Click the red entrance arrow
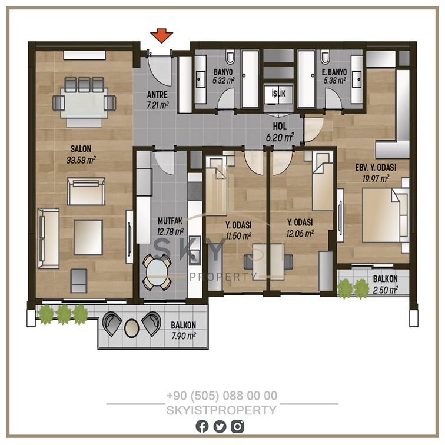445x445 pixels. tap(161, 35)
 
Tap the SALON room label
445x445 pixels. tap(81, 149)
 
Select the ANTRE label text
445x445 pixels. tap(157, 95)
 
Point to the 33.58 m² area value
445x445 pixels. tap(81, 160)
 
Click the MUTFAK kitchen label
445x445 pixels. tap(170, 221)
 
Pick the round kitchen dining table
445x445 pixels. tap(157, 272)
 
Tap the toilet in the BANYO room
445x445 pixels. tap(230, 57)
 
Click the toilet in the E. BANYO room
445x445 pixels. tap(326, 57)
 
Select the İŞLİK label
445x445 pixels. tap(278, 93)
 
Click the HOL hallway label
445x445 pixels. tap(280, 127)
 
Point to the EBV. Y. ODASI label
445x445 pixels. tap(376, 167)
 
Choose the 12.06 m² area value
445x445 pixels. tap(300, 234)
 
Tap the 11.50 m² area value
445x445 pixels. tap(238, 235)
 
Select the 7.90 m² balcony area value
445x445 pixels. tap(184, 336)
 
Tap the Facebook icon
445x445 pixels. tap(202, 426)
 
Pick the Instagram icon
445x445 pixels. tap(237, 426)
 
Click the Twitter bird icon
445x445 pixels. tap(220, 426)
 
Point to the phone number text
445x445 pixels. tap(222, 396)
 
